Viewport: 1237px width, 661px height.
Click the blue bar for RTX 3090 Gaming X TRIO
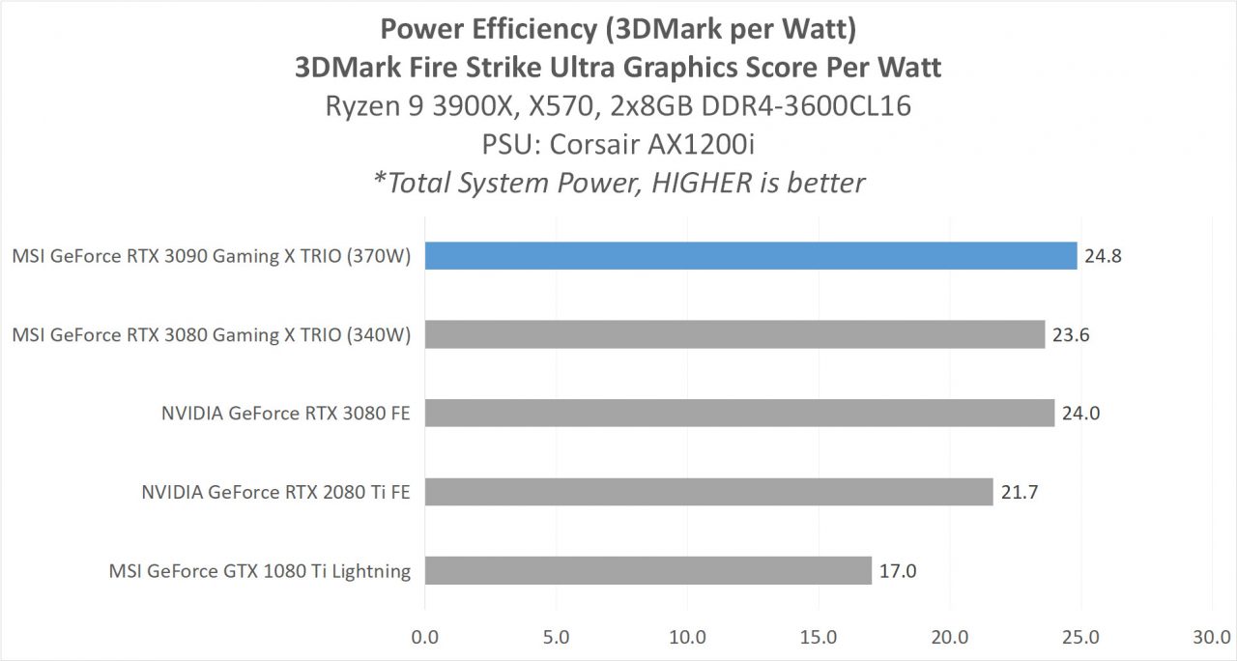tap(750, 256)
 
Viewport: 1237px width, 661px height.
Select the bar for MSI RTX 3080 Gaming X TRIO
tap(734, 334)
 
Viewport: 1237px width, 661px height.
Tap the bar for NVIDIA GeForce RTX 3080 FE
tap(739, 413)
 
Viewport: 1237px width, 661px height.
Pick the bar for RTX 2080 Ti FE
tap(708, 491)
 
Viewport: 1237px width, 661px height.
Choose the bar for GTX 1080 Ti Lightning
tap(647, 570)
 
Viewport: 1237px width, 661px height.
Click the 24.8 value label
tap(1103, 257)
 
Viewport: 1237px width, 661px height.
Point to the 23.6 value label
tap(1071, 335)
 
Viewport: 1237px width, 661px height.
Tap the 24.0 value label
tap(1080, 414)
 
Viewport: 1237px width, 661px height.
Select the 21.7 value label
tap(1019, 492)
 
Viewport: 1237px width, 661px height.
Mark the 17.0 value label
tap(897, 571)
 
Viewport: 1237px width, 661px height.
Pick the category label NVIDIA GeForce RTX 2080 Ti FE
tap(275, 492)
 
